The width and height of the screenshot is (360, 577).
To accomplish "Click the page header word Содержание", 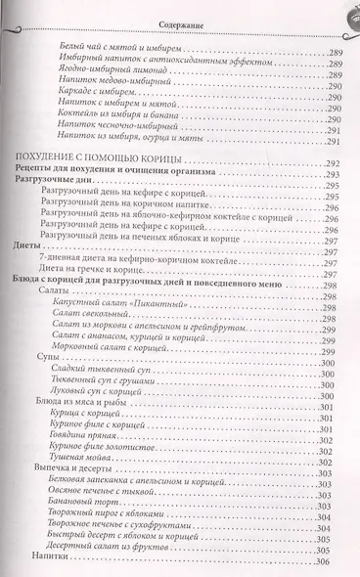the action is [180, 13].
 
